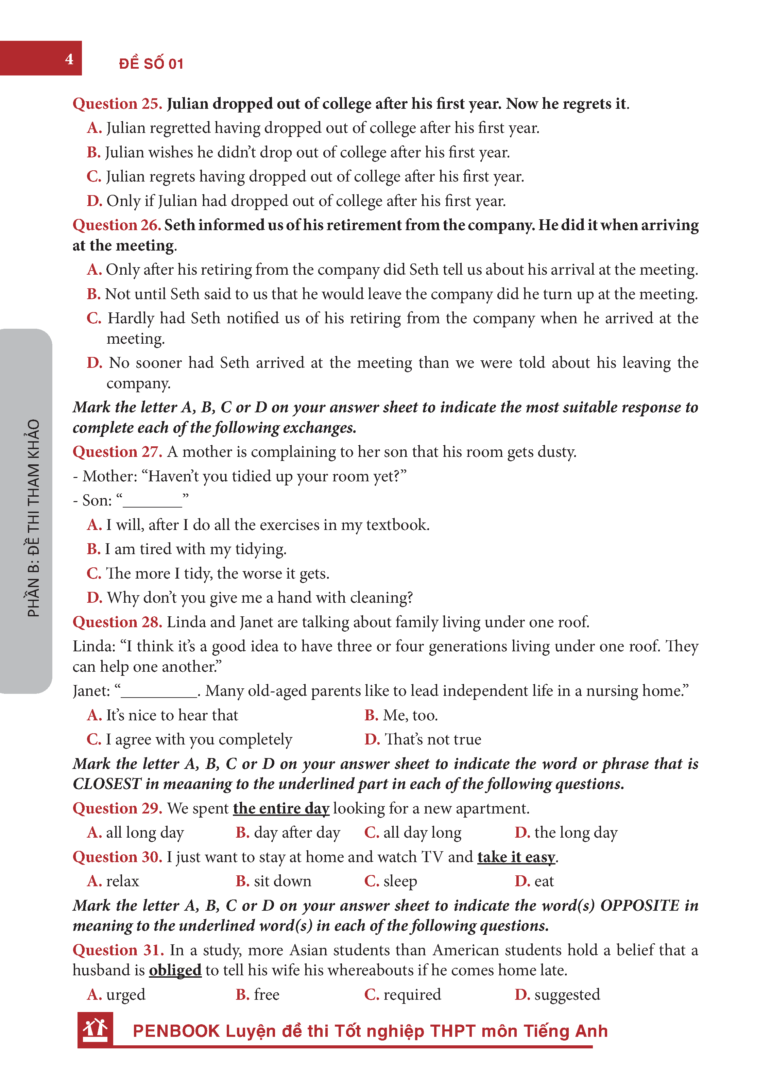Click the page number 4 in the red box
pos(69,59)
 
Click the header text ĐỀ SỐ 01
pos(151,64)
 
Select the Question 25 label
pos(117,103)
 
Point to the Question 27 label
pos(117,451)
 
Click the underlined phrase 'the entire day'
pos(281,808)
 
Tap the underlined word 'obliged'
pos(175,970)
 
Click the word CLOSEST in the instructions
pos(107,784)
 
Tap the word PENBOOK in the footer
pos(176,1031)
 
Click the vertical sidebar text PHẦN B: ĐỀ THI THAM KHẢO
pos(33,517)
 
